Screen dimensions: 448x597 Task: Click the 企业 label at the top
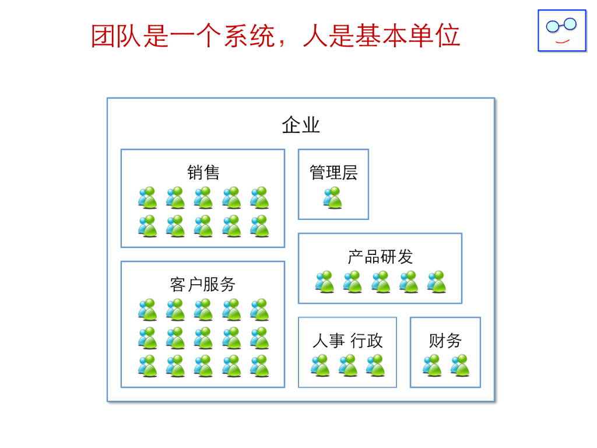tap(301, 125)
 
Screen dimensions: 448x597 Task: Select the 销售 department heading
tap(203, 172)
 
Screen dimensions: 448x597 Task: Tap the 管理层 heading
tap(333, 172)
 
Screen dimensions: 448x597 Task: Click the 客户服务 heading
tap(203, 284)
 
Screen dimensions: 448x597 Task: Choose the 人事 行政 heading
tap(347, 341)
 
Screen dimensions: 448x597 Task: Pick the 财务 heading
tap(445, 341)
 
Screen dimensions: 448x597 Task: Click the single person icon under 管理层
tap(333, 198)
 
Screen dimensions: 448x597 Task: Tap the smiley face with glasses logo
tap(561, 30)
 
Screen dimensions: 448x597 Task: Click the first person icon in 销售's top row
tap(148, 198)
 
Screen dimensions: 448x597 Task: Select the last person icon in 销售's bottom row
tap(259, 226)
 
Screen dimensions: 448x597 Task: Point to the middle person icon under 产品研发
tap(381, 282)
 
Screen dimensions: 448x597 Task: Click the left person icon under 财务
tap(432, 366)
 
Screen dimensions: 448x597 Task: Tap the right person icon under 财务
tap(460, 366)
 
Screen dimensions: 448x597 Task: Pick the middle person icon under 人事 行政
tap(348, 366)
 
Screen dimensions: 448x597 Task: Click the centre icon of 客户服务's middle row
tap(203, 338)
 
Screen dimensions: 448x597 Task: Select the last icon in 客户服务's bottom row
tap(259, 366)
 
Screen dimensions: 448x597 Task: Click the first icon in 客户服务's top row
tap(148, 310)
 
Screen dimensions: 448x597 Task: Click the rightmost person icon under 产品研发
tap(437, 282)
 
